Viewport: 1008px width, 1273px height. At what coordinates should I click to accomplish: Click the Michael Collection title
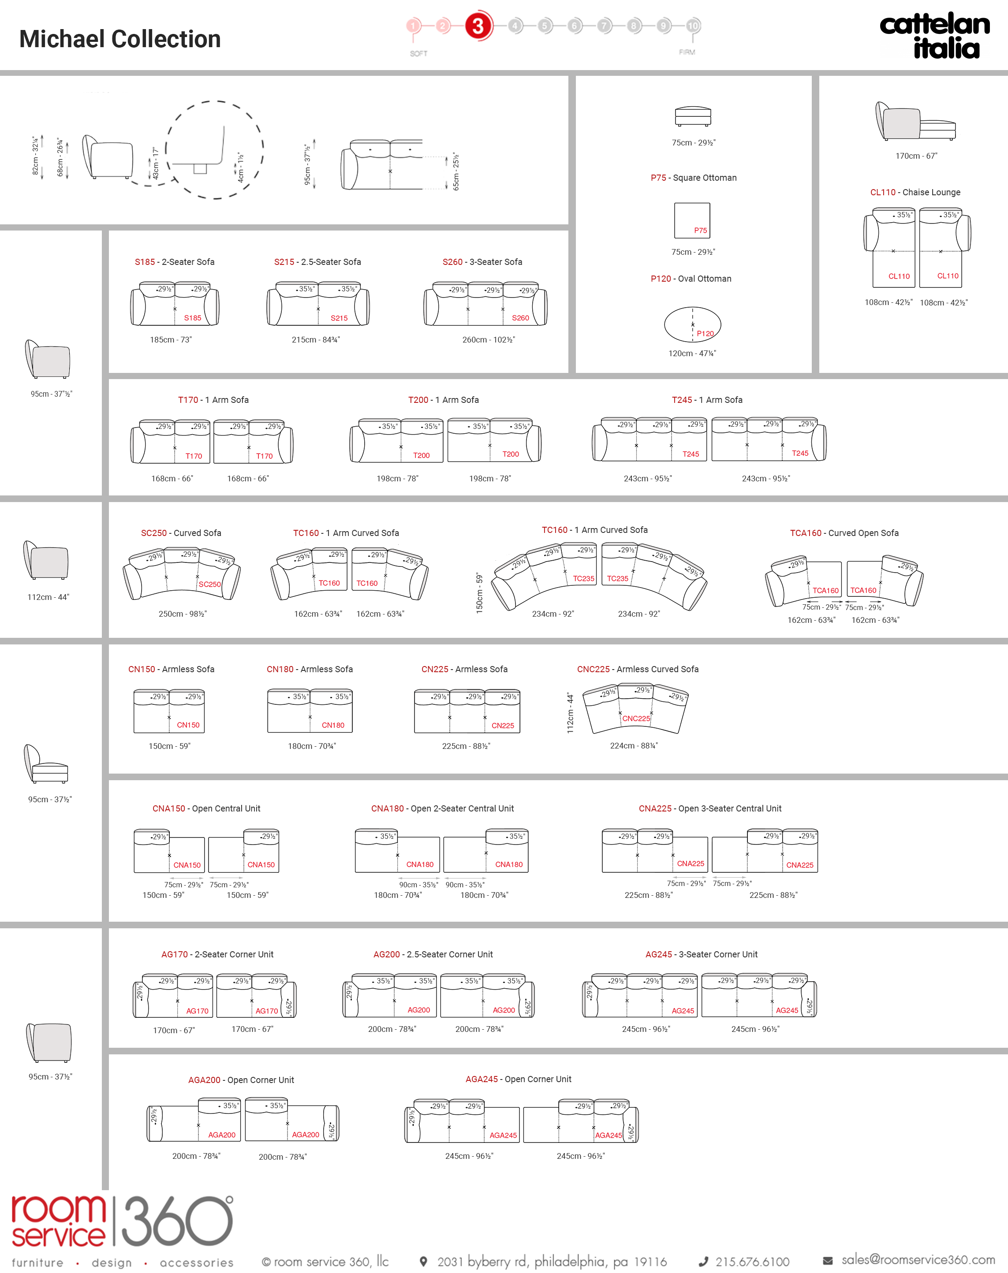[120, 39]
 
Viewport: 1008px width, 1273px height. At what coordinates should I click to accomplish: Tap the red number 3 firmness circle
[478, 26]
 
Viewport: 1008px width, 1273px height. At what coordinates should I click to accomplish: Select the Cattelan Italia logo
[935, 35]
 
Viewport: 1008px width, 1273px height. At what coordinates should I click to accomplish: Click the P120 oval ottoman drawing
[692, 324]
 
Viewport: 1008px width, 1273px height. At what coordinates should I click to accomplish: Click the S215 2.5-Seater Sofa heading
[317, 262]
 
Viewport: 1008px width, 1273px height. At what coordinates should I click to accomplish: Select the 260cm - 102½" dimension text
[489, 340]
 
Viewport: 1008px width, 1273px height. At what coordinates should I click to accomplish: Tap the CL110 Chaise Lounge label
[915, 192]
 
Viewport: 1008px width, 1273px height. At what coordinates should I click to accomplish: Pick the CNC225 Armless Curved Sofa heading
[638, 669]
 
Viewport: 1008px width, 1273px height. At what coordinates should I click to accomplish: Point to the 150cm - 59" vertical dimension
[479, 593]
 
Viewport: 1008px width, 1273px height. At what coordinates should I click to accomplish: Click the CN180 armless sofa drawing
[310, 711]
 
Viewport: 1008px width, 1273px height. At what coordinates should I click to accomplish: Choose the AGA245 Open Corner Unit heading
[518, 1079]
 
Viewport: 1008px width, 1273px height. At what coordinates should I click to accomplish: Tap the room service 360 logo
[122, 1230]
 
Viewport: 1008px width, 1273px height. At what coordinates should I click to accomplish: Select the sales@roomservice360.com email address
[918, 1259]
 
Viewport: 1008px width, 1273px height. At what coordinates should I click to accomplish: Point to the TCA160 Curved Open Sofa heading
[844, 532]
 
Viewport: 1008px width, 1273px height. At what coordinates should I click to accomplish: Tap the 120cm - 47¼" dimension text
[692, 354]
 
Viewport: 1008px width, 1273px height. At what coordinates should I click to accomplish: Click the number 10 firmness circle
[693, 26]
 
